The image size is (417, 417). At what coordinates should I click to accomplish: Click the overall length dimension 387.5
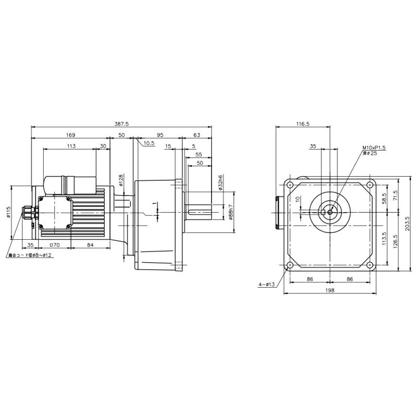tap(121, 125)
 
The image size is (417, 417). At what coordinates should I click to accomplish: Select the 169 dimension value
tap(70, 135)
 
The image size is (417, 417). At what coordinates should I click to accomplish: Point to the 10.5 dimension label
tap(149, 142)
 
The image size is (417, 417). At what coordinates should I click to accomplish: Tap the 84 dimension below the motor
tap(90, 244)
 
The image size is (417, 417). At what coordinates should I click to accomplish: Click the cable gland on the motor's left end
tap(25, 213)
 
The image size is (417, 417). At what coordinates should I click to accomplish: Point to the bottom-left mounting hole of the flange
tap(289, 265)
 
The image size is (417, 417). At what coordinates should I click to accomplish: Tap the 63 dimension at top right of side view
tap(197, 135)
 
